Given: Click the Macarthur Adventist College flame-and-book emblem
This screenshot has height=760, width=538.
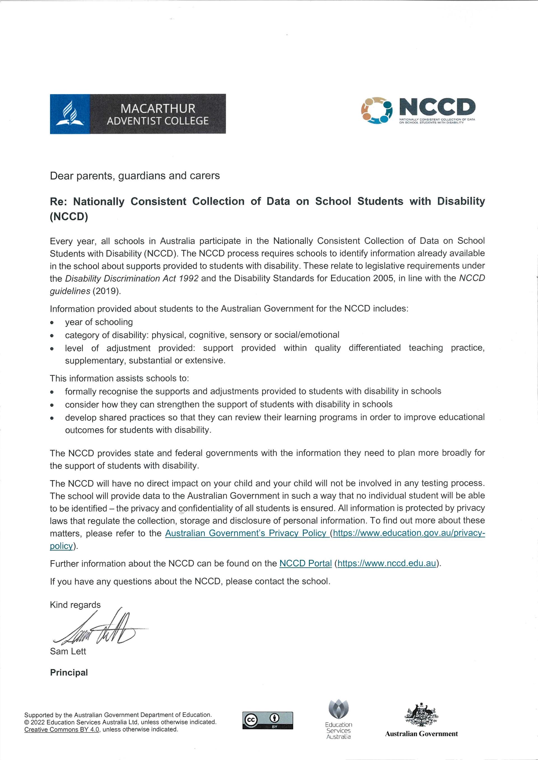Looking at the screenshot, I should pyautogui.click(x=70, y=114).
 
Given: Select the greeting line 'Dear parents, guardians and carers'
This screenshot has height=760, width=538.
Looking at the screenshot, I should pyautogui.click(x=135, y=176).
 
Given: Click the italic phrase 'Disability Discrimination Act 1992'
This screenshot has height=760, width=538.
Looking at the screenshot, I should pyautogui.click(x=132, y=278).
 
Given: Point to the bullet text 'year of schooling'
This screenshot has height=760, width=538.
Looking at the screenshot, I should pyautogui.click(x=99, y=322).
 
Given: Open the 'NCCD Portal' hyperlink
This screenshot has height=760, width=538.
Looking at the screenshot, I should pyautogui.click(x=305, y=563).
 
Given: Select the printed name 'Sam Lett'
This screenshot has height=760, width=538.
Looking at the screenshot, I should pyautogui.click(x=68, y=651).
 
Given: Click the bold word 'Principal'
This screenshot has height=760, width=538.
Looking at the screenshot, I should pyautogui.click(x=69, y=673).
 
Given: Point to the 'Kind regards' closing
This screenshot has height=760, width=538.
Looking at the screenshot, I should pyautogui.click(x=75, y=605).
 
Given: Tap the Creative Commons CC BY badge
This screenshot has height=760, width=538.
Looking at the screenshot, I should pyautogui.click(x=268, y=720).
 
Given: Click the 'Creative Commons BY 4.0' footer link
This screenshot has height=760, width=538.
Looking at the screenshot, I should pyautogui.click(x=62, y=729).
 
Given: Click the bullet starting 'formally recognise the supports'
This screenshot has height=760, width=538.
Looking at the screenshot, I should pyautogui.click(x=253, y=391).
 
